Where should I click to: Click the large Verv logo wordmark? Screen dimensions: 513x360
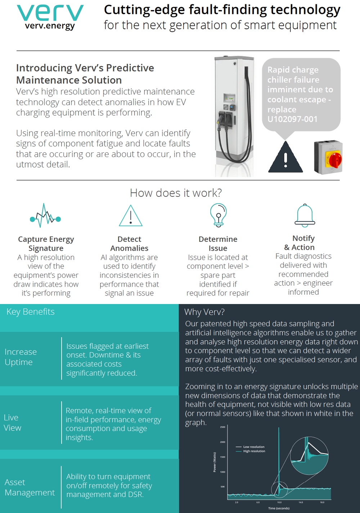click(50, 13)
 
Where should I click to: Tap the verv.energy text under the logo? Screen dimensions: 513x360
click(50, 26)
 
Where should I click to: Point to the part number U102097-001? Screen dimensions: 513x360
click(292, 119)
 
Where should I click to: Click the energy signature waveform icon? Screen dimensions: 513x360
click(45, 216)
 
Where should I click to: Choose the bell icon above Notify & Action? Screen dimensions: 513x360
click(305, 215)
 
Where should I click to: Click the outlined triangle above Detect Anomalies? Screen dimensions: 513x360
click(130, 216)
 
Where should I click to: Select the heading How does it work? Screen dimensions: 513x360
click(176, 193)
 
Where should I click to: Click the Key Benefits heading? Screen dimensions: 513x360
click(31, 312)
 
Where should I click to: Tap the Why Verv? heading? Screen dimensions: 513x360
click(204, 312)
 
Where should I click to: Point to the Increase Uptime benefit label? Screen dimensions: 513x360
click(21, 357)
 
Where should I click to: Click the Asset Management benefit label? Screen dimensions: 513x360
click(30, 487)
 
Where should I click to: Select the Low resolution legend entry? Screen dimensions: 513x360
click(253, 447)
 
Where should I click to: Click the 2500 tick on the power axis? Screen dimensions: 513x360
click(222, 427)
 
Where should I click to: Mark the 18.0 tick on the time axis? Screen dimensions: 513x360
click(322, 502)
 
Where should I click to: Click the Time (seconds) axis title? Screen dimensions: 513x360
click(279, 508)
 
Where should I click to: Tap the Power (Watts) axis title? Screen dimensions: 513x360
click(215, 462)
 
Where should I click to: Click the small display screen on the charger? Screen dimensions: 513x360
click(229, 98)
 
